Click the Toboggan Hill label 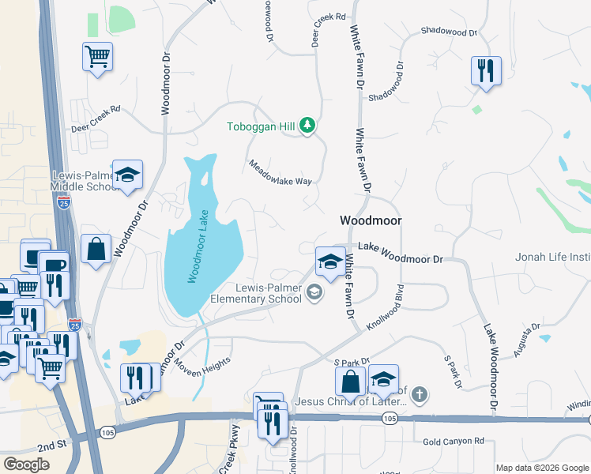tap(262, 126)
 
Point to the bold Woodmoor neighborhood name tap(371, 221)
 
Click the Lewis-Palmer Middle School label tap(85, 181)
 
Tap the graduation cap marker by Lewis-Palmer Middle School tap(126, 175)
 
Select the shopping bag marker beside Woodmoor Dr tap(96, 249)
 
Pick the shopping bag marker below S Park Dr tap(350, 381)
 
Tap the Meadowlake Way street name tap(280, 173)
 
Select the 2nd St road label tap(51, 446)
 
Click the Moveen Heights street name tap(203, 368)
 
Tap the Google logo tap(27, 465)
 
